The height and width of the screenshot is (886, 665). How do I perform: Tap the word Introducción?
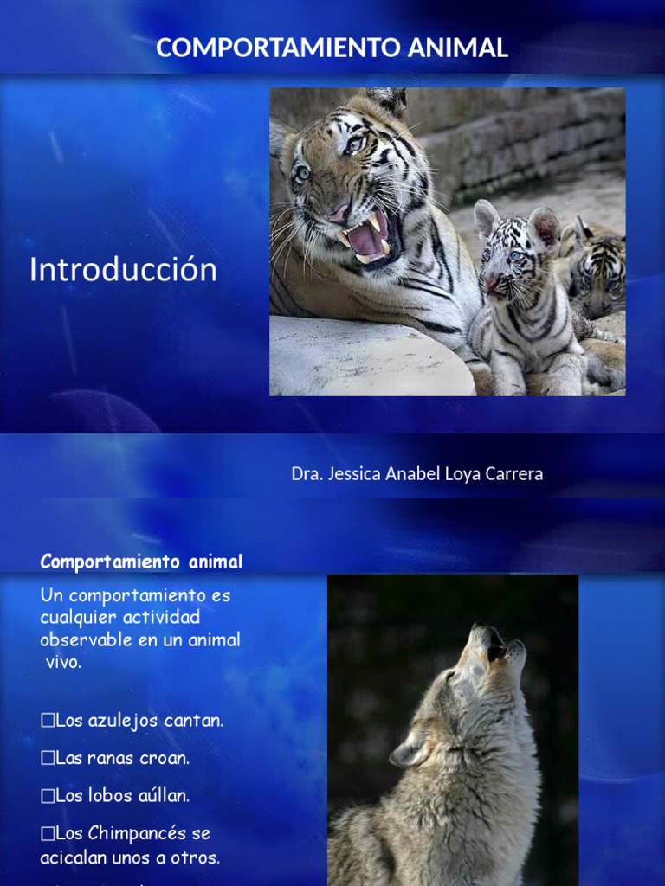(x=123, y=270)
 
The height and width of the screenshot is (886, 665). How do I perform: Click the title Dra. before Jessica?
(x=307, y=474)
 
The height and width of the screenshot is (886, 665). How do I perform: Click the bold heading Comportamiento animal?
(x=141, y=562)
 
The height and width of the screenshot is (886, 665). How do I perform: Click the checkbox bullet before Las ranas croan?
(x=47, y=758)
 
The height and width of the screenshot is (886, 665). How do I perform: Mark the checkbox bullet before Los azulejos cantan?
(x=47, y=721)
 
